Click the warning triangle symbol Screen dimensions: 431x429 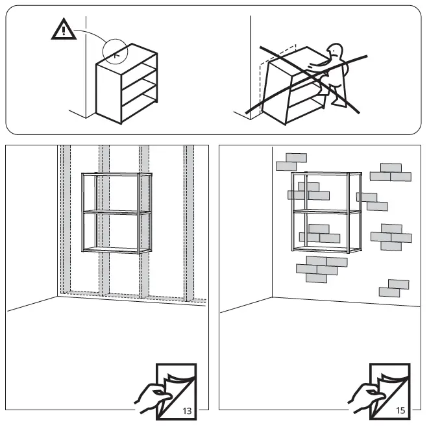point(63,31)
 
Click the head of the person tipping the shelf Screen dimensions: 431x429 point(335,52)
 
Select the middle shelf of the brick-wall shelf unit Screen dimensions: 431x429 point(326,212)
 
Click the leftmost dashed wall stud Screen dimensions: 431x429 point(65,221)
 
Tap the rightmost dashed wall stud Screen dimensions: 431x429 point(189,221)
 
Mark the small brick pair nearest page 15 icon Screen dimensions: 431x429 point(394,288)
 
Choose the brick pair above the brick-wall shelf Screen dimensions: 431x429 point(291,162)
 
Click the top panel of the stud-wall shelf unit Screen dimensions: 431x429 point(116,174)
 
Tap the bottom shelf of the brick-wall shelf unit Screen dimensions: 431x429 point(326,250)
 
